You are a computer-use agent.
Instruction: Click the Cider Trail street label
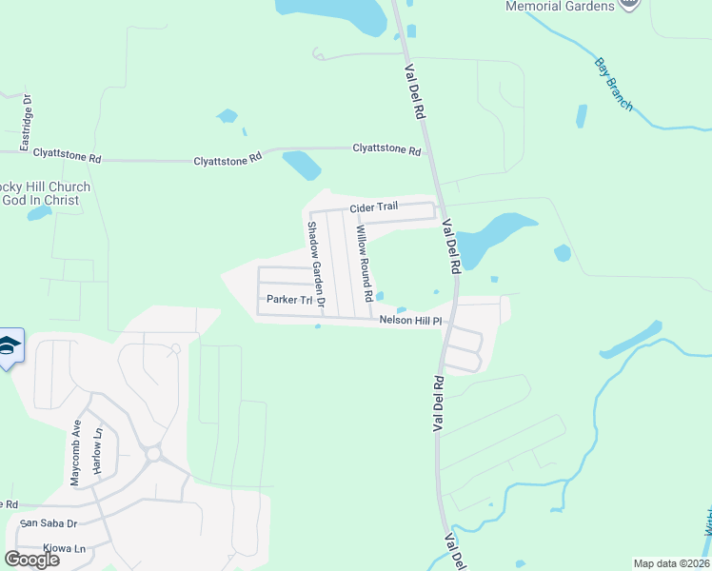tap(377, 208)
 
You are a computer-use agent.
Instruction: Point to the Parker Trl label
tap(289, 300)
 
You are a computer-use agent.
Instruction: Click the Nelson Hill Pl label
tap(411, 321)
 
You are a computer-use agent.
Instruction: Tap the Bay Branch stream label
tap(614, 85)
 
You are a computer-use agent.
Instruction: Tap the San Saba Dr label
tap(47, 523)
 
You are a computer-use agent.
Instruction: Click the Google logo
tap(32, 560)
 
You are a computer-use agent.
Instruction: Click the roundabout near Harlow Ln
tap(153, 454)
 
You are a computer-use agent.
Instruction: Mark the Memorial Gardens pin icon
tap(629, 5)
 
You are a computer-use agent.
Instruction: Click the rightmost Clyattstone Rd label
tap(386, 149)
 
